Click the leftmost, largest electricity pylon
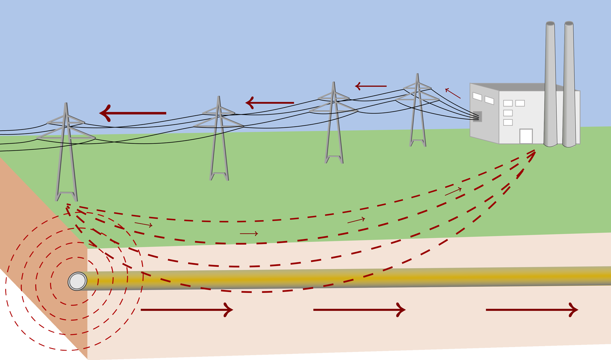pos(66,155)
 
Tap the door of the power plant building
pos(526,136)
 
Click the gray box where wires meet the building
pos(477,116)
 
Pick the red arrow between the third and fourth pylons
pos(371,86)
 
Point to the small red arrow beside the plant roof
pos(453,93)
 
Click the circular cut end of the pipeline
pos(77,281)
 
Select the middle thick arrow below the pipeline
pos(359,310)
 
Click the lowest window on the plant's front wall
pos(508,122)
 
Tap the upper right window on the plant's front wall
pos(520,103)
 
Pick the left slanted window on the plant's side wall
pos(477,97)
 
